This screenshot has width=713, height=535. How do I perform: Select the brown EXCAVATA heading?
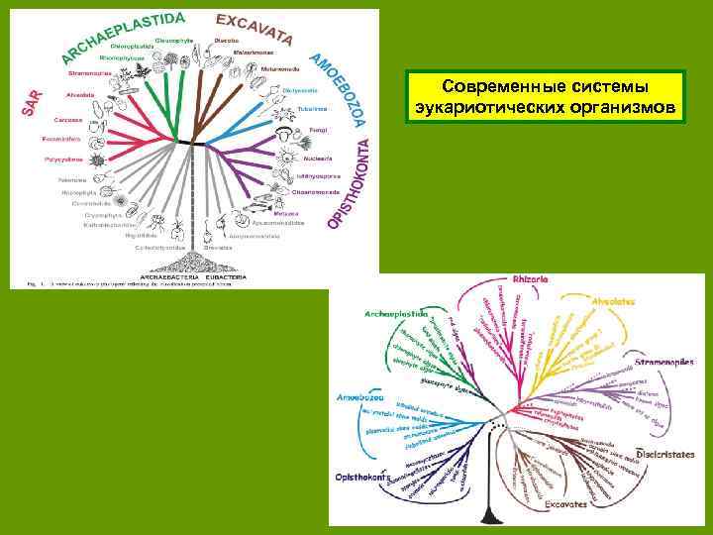tap(254, 28)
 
